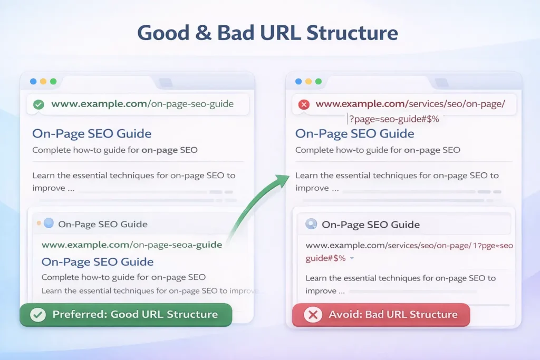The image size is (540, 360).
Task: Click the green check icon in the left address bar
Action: pyautogui.click(x=38, y=104)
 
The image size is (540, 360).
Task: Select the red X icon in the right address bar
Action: pyautogui.click(x=304, y=104)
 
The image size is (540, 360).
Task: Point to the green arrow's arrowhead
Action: pyautogui.click(x=285, y=178)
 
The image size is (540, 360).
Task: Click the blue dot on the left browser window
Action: pyautogui.click(x=33, y=82)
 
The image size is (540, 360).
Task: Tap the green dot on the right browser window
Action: pyautogui.click(x=319, y=82)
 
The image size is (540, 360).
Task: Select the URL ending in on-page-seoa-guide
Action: pyautogui.click(x=132, y=245)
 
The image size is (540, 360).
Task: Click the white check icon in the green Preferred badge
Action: pyautogui.click(x=37, y=315)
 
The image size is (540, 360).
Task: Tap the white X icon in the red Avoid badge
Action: pyautogui.click(x=313, y=315)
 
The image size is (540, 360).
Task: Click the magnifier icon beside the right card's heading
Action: pyautogui.click(x=311, y=225)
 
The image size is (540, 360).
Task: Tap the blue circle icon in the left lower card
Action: pyautogui.click(x=49, y=223)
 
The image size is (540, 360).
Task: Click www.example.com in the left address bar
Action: pyautogui.click(x=99, y=104)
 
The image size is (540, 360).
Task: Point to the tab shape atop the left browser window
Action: pyautogui.click(x=165, y=83)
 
